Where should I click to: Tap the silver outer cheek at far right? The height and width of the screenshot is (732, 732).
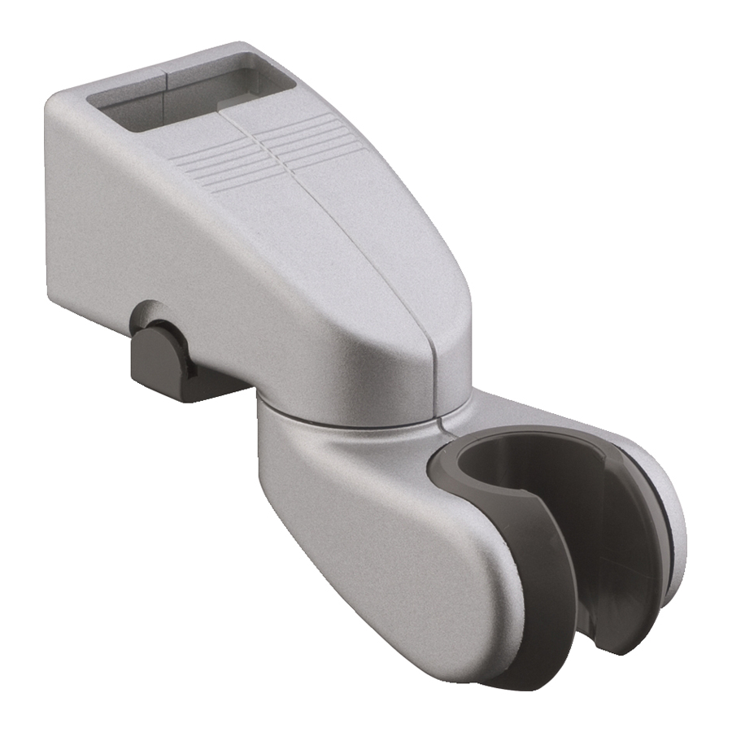pos(671,521)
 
